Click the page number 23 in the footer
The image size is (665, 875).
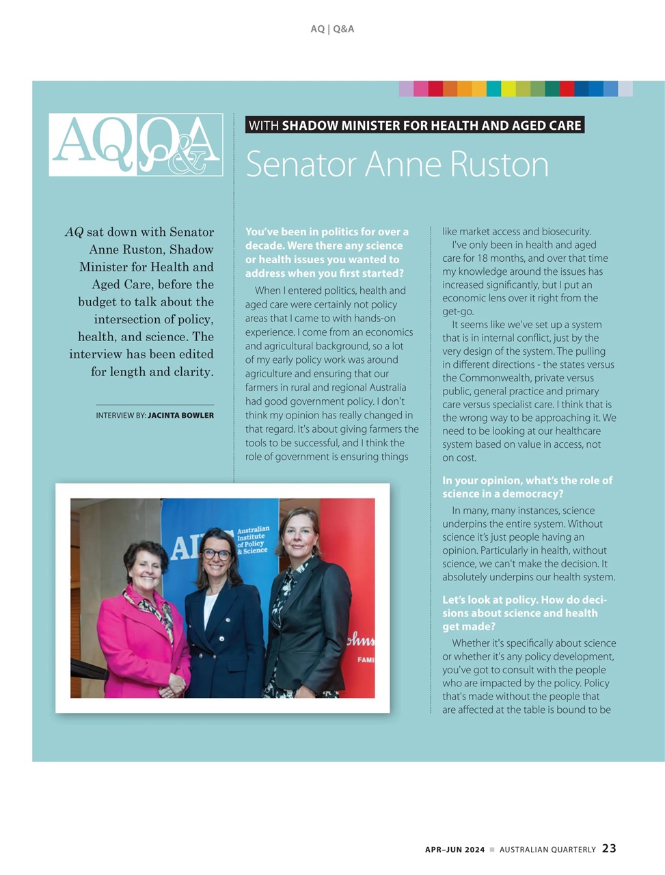coord(609,848)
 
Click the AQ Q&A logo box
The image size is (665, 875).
coord(136,145)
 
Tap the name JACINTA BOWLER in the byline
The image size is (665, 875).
coord(180,415)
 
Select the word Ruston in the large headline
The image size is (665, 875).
coord(492,165)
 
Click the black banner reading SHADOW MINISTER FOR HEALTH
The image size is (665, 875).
coord(415,125)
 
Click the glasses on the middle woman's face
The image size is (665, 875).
coord(217,554)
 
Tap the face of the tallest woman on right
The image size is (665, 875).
coord(301,534)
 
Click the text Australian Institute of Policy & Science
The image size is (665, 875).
coord(252,539)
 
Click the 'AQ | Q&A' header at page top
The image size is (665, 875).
coord(332,29)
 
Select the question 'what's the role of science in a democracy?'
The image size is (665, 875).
coord(527,487)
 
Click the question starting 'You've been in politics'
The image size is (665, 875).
coord(327,252)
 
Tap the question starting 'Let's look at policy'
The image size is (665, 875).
coord(524,612)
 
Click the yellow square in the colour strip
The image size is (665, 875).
coord(508,89)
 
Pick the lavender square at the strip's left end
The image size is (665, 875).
coord(406,89)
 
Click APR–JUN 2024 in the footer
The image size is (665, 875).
coord(454,850)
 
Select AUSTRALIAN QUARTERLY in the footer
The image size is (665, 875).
coord(547,850)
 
